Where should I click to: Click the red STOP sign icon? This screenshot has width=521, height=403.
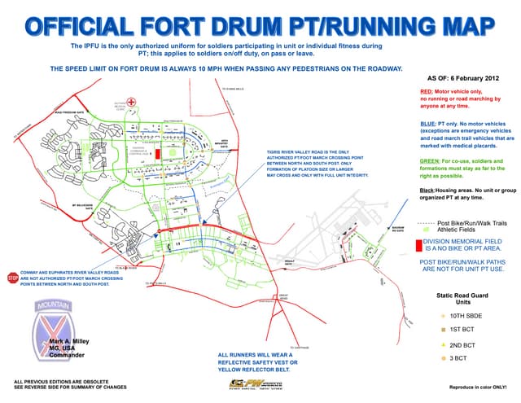click(13, 277)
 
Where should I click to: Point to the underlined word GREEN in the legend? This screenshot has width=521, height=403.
click(430, 160)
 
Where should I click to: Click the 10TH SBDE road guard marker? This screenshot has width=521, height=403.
click(444, 315)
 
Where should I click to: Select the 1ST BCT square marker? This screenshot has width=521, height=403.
click(444, 330)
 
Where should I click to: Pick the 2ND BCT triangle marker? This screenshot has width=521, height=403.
click(444, 344)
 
